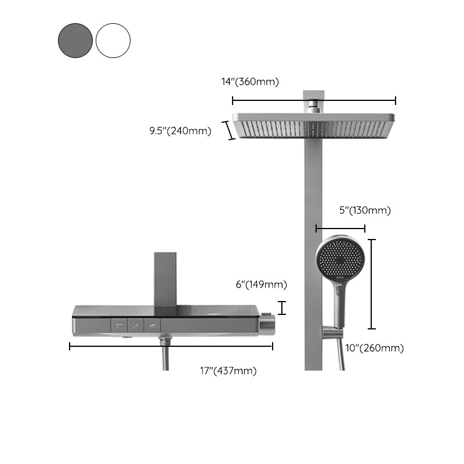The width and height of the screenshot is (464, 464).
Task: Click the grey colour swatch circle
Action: click(75, 40)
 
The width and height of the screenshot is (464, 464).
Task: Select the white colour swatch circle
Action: click(113, 40)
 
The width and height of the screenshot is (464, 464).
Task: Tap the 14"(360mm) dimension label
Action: click(250, 82)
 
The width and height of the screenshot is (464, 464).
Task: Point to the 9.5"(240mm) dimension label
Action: click(180, 131)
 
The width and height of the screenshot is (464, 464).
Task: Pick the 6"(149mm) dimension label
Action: click(260, 284)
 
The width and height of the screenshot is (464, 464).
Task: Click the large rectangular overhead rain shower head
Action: click(314, 126)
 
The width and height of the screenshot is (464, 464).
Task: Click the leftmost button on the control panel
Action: click(119, 327)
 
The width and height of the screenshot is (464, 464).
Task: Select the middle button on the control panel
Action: click(135, 327)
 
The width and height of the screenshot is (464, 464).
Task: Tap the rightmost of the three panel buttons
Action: click(151, 327)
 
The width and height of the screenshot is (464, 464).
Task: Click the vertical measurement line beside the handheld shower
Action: click(372, 284)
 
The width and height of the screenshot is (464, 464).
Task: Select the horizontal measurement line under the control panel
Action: click(171, 347)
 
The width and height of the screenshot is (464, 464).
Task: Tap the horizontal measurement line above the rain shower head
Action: click(314, 100)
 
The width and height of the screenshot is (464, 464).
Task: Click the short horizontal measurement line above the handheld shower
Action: click(340, 229)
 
